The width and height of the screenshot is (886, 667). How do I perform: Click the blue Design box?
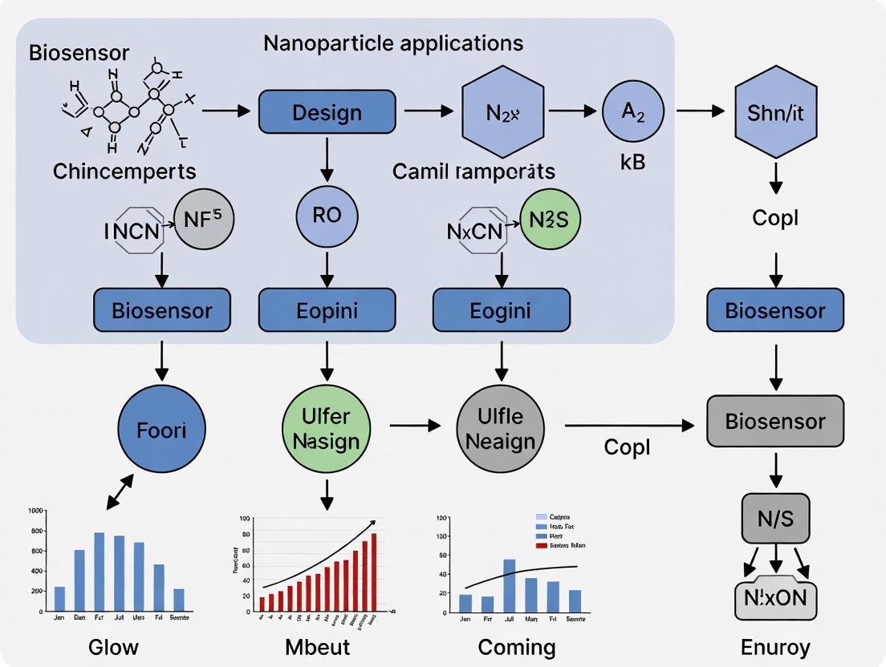pos(327,112)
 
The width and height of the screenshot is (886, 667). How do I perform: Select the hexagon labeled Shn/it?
pos(774,112)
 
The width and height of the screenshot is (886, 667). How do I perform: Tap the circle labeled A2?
pos(633,113)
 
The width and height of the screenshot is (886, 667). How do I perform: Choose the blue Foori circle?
pos(161,430)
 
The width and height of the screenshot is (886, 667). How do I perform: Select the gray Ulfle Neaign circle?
pos(500,429)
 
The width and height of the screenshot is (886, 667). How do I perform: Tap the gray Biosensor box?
pos(774,422)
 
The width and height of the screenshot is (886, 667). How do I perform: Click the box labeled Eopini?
pos(327,310)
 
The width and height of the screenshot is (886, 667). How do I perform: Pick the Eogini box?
pos(502,310)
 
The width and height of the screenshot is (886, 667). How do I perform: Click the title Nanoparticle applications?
pos(393,42)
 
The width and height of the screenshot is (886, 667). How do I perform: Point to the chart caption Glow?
pos(113,646)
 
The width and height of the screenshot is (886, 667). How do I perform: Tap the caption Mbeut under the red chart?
pos(318,646)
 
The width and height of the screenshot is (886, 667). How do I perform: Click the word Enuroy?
pos(775,646)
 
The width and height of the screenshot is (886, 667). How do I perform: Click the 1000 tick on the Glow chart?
pos(35,511)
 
